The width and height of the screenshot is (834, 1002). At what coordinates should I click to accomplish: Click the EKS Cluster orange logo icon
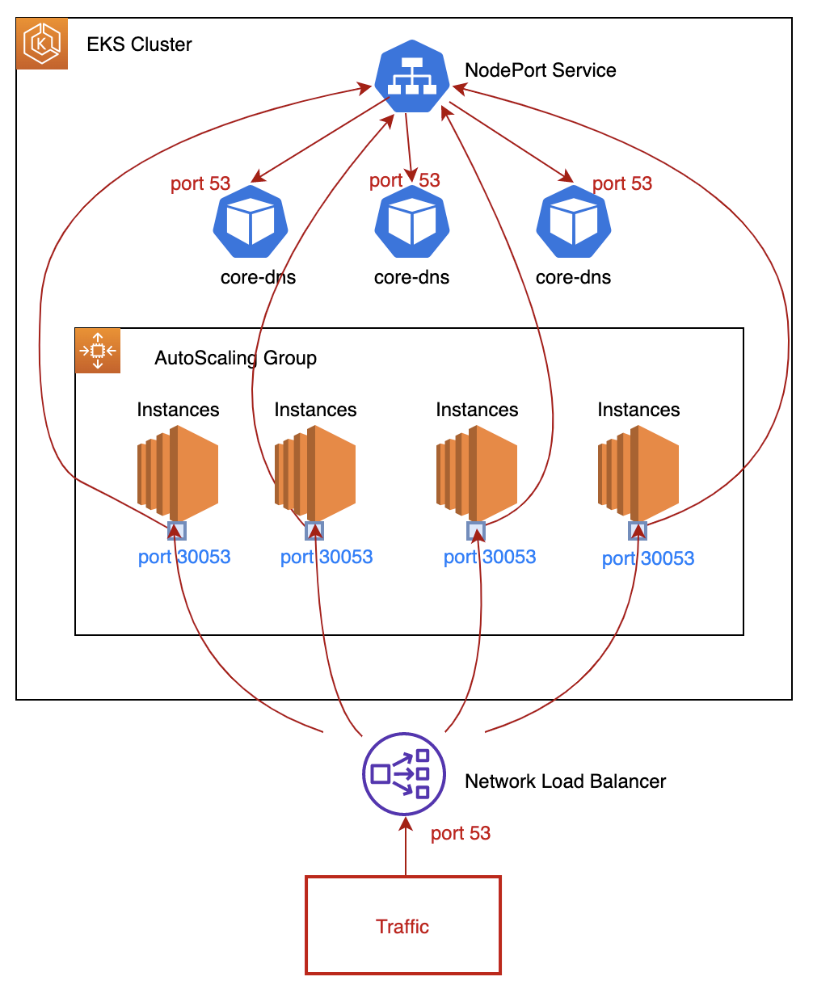[x=42, y=44]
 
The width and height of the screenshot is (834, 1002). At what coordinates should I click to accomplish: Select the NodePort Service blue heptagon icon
[x=412, y=77]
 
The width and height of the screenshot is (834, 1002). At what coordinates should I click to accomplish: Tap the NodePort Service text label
[x=540, y=70]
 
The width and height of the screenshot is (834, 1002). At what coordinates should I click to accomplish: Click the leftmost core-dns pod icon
[x=251, y=222]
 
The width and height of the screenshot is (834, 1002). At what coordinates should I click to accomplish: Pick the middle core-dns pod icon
[x=412, y=222]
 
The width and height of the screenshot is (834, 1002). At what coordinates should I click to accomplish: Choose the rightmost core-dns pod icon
[x=574, y=222]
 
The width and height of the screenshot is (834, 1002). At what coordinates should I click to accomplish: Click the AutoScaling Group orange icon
[x=98, y=351]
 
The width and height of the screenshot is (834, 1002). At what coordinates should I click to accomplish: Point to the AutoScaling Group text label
[x=235, y=358]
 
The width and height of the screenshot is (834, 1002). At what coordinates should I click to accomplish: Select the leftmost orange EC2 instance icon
[x=178, y=473]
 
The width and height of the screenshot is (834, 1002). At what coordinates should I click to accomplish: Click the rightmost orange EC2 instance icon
[x=638, y=473]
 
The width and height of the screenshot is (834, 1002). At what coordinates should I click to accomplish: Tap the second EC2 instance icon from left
[x=315, y=473]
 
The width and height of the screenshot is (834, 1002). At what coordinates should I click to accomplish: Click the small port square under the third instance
[x=476, y=531]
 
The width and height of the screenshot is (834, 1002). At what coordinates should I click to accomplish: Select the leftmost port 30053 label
[x=184, y=557]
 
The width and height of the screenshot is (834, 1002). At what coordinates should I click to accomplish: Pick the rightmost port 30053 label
[x=648, y=558]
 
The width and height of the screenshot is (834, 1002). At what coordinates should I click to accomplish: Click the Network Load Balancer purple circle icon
[x=404, y=774]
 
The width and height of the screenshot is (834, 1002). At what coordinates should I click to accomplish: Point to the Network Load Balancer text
[x=565, y=781]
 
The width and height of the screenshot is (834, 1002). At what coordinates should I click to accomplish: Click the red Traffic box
[x=403, y=925]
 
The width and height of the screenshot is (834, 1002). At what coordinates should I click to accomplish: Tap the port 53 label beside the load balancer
[x=460, y=833]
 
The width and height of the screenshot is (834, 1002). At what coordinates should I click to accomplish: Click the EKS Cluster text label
[x=139, y=44]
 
